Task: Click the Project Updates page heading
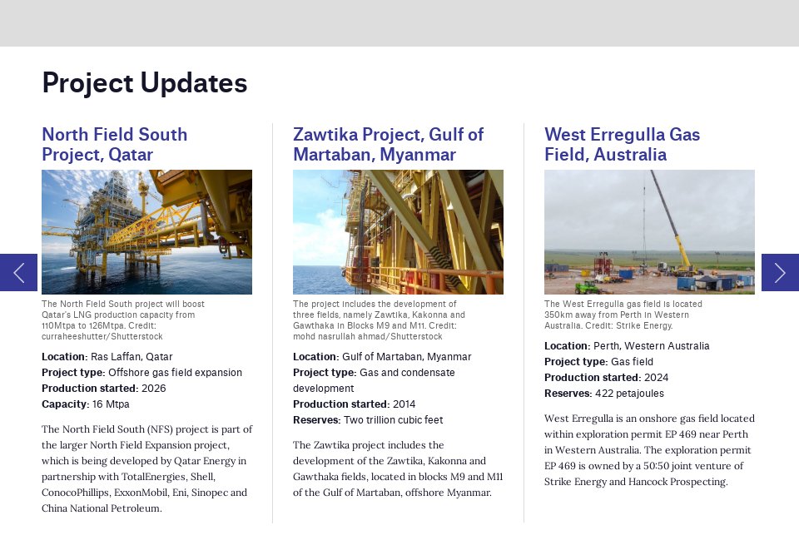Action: [x=144, y=83]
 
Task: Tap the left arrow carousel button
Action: [x=18, y=272]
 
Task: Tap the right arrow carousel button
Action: [x=780, y=272]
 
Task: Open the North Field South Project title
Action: [x=114, y=145]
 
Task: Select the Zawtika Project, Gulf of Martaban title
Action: [x=388, y=145]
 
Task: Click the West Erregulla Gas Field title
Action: [x=622, y=145]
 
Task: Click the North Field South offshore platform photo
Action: [x=146, y=232]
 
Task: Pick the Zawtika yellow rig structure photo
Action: [x=398, y=232]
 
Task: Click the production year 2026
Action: [x=154, y=389]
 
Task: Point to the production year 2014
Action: [x=404, y=404]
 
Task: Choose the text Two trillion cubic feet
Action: [x=393, y=420]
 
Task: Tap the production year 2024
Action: [x=657, y=378]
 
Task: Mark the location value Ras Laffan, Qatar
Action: [x=132, y=357]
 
